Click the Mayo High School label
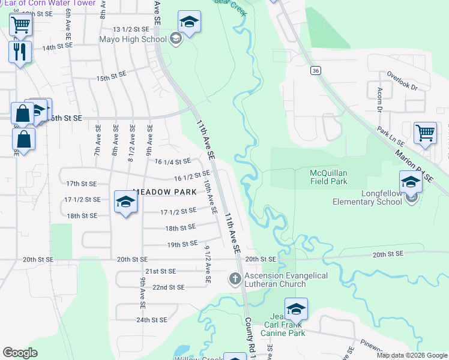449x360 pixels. click(x=133, y=40)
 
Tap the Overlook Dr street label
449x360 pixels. click(x=402, y=80)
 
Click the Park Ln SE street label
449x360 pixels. click(x=390, y=138)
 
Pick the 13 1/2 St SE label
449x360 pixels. click(x=130, y=29)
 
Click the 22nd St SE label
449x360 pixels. click(x=167, y=287)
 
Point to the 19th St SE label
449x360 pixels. click(x=182, y=244)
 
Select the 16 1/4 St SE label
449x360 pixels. click(x=172, y=161)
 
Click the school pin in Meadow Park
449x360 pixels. click(x=126, y=202)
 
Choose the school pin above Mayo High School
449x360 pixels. click(x=189, y=23)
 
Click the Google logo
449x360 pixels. click(x=20, y=353)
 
